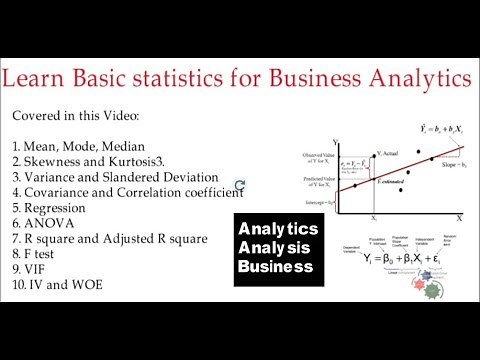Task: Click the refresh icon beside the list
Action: click(240, 185)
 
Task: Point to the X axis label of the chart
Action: click(459, 217)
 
